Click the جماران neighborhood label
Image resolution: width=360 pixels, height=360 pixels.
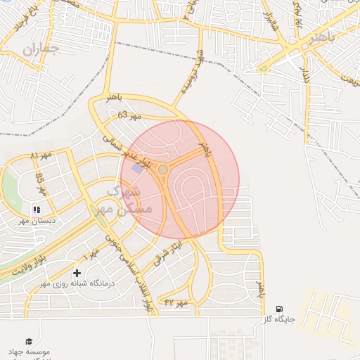(x=38, y=49)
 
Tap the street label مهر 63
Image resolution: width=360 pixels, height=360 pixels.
(x=129, y=115)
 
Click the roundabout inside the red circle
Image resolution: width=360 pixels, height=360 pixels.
(x=163, y=169)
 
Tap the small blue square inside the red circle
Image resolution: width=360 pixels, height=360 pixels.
(x=136, y=168)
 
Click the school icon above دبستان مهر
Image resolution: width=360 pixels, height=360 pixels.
(x=37, y=210)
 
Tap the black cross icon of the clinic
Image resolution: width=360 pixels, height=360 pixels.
(x=77, y=272)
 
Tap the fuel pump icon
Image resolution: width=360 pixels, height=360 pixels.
(x=279, y=309)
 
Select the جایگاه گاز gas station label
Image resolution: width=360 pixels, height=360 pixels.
(x=278, y=319)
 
